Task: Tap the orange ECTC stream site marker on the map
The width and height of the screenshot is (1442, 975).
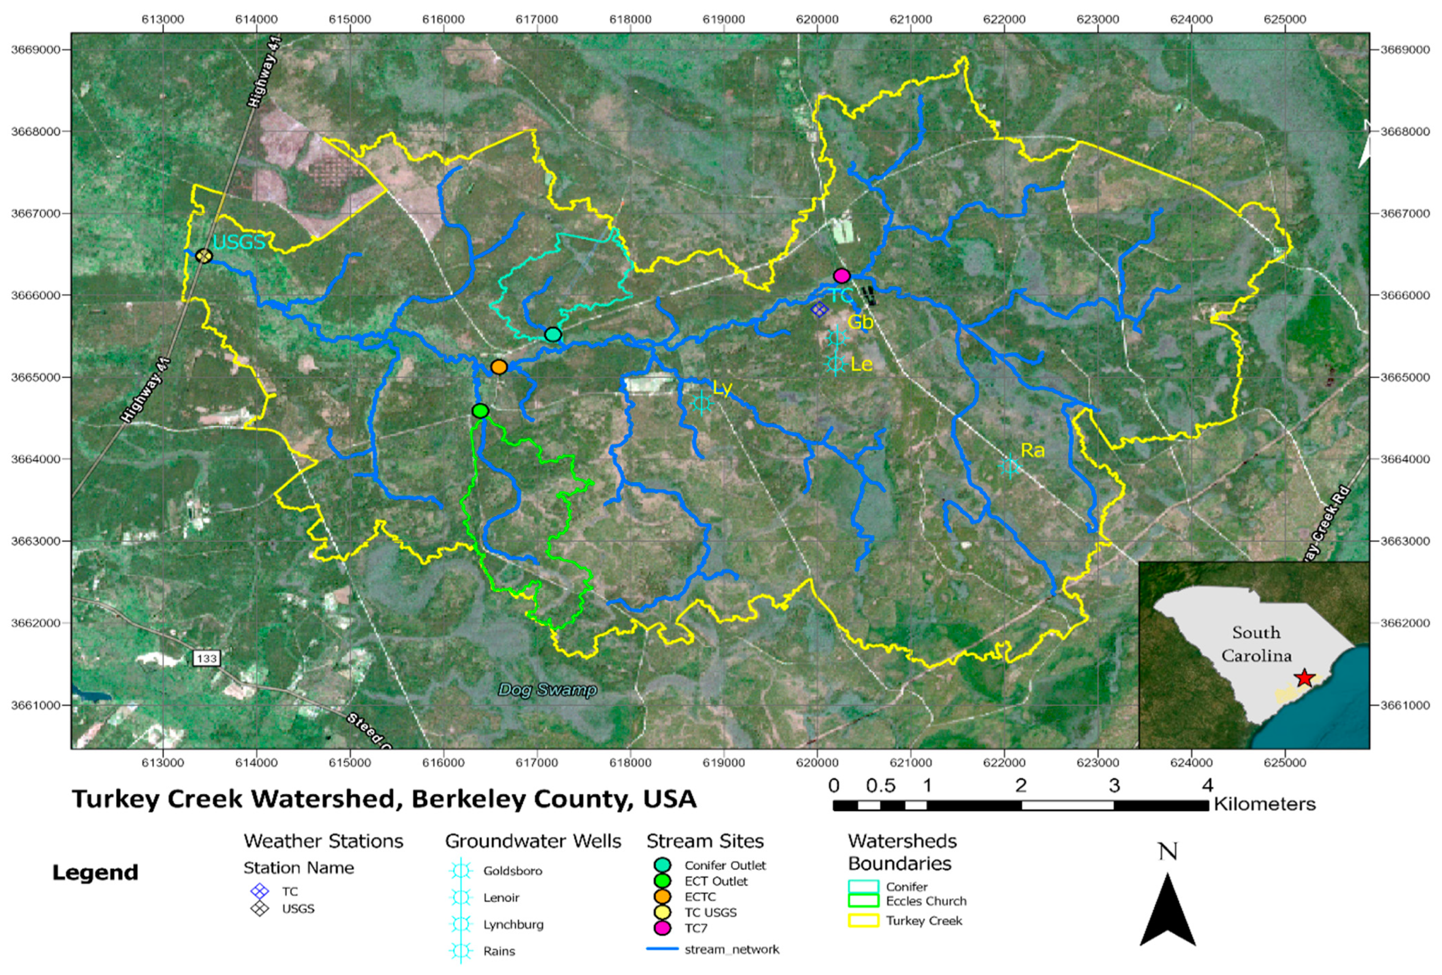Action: pos(499,367)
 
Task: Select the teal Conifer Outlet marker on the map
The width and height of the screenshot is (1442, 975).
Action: pos(553,335)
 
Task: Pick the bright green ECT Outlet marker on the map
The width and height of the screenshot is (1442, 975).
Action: pos(480,410)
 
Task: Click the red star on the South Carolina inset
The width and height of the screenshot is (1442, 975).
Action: pos(1305,678)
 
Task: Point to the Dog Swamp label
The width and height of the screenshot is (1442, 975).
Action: pos(547,690)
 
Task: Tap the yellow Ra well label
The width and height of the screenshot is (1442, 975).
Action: pos(1032,451)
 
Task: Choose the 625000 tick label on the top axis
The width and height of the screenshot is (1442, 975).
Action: pos(1284,19)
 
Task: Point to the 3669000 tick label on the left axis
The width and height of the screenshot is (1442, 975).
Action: pos(36,50)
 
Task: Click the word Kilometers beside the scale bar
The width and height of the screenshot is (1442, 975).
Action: pos(1264,804)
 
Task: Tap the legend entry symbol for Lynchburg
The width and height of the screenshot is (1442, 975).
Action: pos(460,924)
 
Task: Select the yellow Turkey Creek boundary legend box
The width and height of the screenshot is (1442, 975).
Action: pos(863,921)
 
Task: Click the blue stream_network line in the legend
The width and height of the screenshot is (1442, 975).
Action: pos(661,950)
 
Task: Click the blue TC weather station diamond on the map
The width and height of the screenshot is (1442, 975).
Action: pos(819,309)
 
